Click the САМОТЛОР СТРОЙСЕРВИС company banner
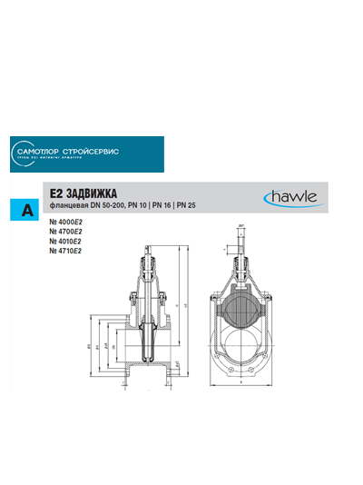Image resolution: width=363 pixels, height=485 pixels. click(87, 153)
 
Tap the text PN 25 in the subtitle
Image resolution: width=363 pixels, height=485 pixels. click(199, 207)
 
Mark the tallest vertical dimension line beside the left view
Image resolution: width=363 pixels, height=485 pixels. click(185, 318)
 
